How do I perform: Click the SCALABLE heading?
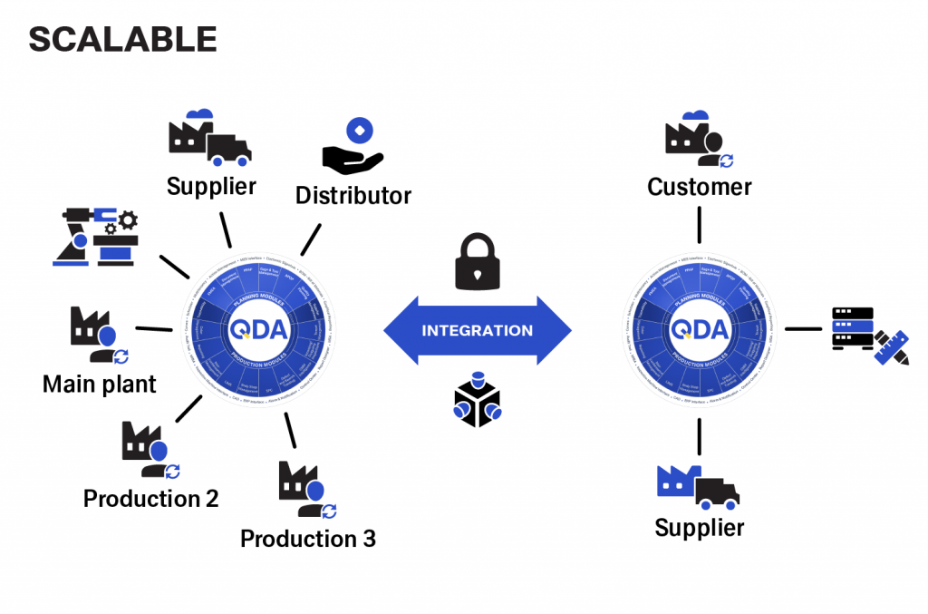[122, 39]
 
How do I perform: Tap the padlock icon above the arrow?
[478, 262]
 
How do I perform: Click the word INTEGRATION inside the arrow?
[478, 330]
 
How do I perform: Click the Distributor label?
[353, 195]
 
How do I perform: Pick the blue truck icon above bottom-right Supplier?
[698, 487]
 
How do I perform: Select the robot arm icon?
[95, 237]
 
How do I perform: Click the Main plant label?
[100, 384]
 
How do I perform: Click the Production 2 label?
[150, 498]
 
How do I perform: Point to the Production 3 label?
[307, 539]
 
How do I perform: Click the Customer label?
[699, 187]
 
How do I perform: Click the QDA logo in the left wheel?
[257, 329]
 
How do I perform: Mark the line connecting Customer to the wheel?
[700, 226]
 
